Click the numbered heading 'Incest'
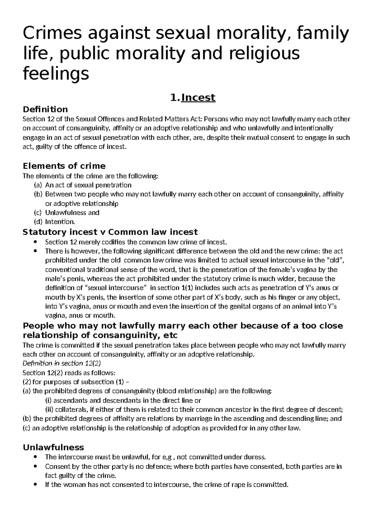coord(198,98)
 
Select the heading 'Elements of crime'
coord(65,166)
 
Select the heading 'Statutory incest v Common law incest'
coord(110,232)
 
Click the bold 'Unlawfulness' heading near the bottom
coord(54,447)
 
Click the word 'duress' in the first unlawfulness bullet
coord(256,458)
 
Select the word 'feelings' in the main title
coord(56,75)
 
